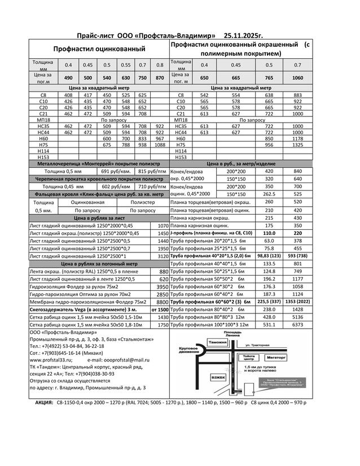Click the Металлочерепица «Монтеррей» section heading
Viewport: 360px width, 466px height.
tap(98, 163)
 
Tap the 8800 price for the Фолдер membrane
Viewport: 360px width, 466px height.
tap(163, 302)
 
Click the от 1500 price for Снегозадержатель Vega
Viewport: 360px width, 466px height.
tap(160, 310)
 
